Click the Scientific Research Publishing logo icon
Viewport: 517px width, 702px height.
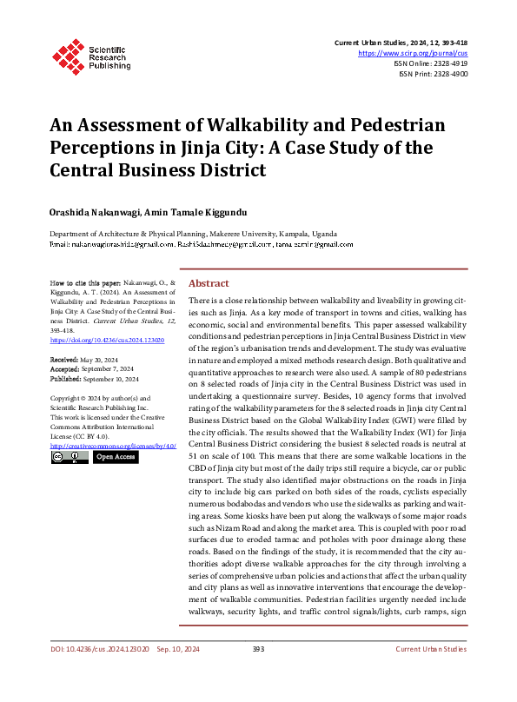click(67, 53)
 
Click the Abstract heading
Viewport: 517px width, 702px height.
click(209, 283)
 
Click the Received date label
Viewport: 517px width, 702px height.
click(64, 358)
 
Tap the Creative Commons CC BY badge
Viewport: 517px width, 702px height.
click(70, 457)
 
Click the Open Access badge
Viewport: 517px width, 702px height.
click(116, 457)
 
